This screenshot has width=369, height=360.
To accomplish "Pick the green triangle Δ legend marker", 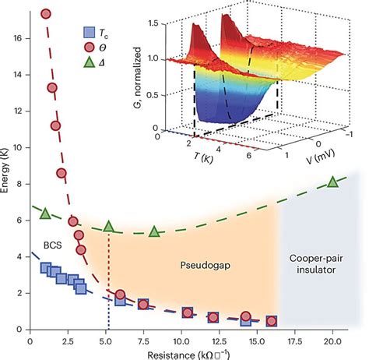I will [90, 64].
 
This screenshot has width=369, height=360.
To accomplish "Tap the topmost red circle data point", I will [45, 14].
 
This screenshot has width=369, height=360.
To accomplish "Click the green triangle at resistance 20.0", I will [333, 182].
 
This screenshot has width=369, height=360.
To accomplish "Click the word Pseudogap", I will [193, 265].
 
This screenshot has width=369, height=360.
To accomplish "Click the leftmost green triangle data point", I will [44, 214].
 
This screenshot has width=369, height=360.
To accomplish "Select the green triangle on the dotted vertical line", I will [109, 226].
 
